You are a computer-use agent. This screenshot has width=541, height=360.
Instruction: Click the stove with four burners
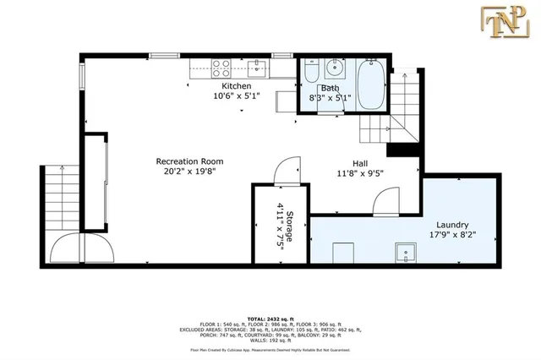221,66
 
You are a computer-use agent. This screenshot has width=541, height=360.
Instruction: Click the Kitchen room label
236,86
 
